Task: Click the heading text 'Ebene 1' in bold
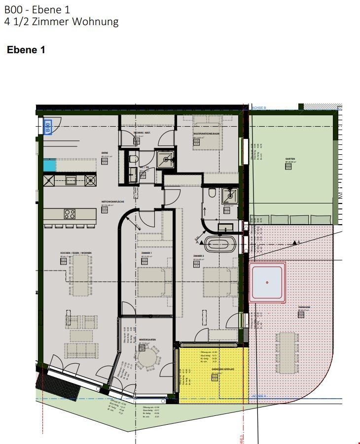click(x=26, y=50)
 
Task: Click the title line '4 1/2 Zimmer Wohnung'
click(x=61, y=22)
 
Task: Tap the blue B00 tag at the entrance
click(x=48, y=127)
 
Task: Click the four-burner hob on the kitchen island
click(x=70, y=214)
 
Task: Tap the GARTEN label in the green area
click(x=289, y=159)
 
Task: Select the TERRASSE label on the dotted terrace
click(x=304, y=307)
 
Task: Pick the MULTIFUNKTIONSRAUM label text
click(x=206, y=134)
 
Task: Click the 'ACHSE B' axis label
click(x=258, y=107)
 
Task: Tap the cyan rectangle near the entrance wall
click(x=49, y=165)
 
